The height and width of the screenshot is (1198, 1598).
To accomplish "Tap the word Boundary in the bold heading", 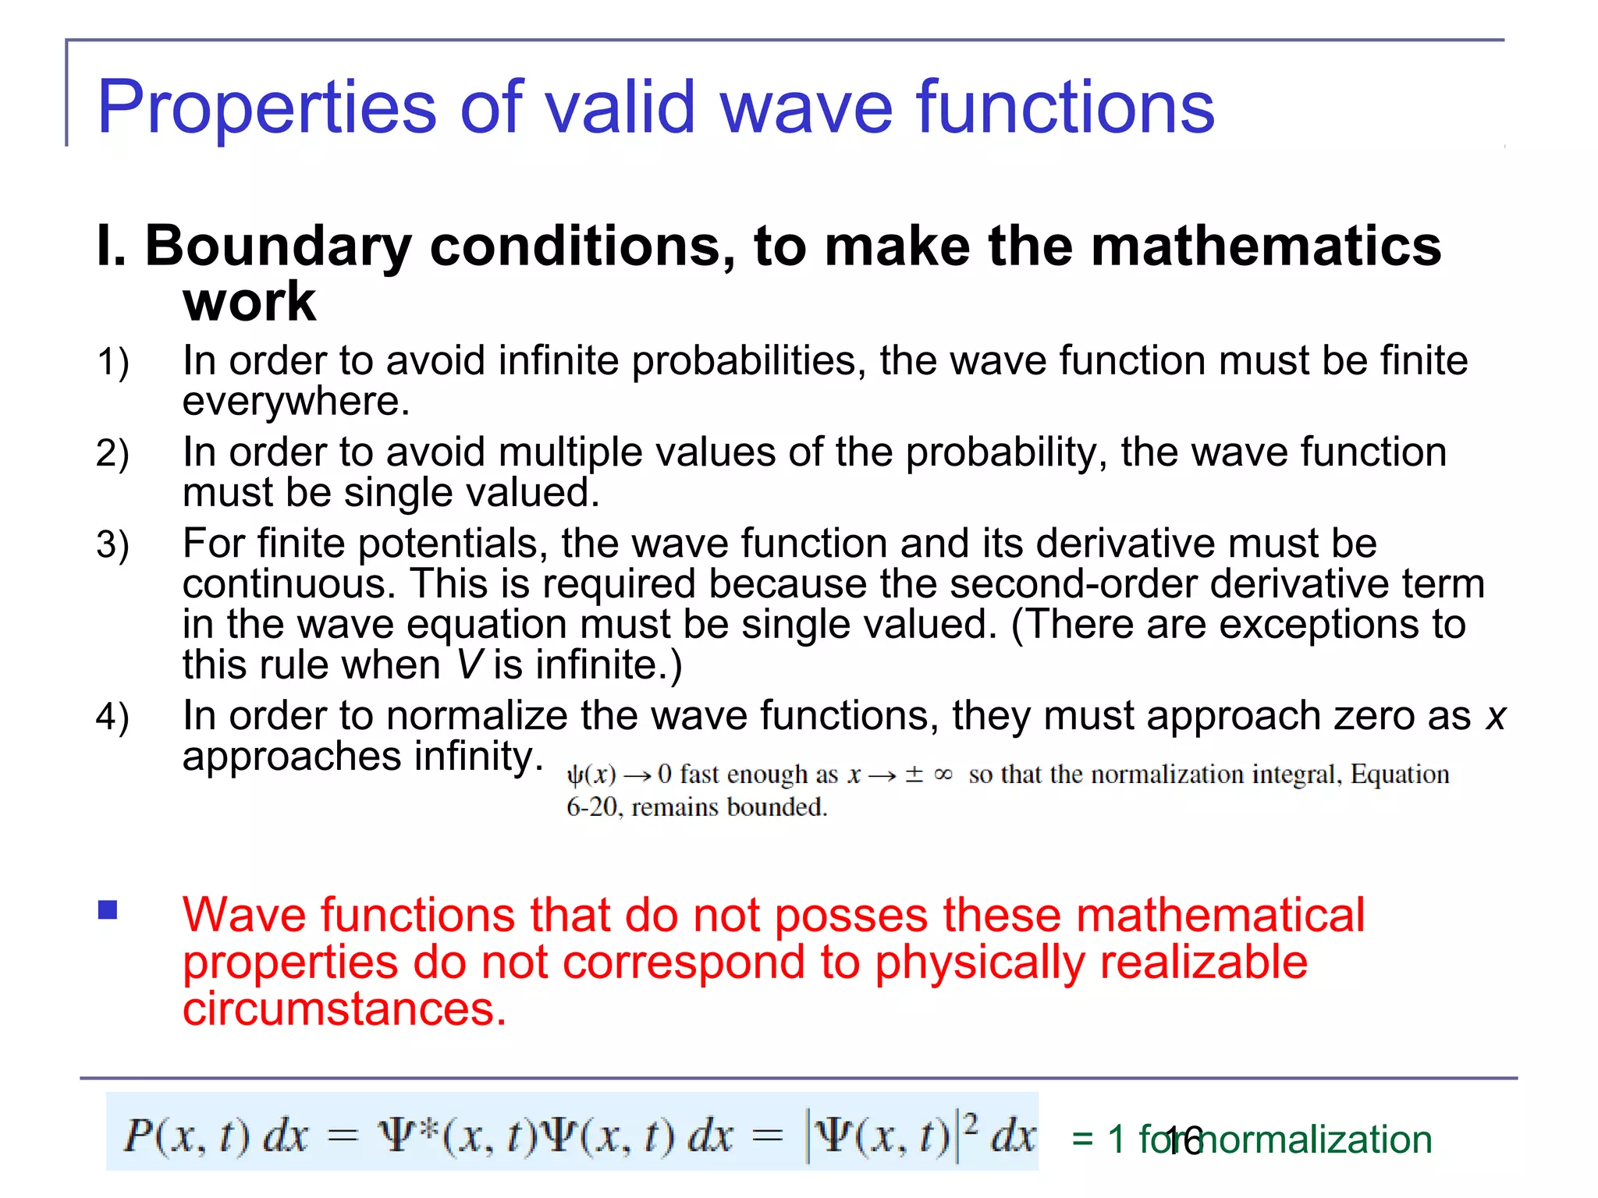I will coord(279,246).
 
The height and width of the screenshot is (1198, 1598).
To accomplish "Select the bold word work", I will coord(250,302).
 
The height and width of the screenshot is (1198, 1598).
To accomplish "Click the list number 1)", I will coord(113,363).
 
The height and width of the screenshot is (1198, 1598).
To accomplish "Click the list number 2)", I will coord(113,454).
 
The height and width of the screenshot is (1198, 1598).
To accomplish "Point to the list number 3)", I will coord(113,545).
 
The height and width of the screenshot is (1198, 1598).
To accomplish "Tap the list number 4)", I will coord(113,718).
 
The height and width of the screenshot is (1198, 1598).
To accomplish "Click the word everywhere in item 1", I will coord(296,402).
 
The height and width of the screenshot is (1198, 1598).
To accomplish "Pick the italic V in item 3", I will coord(471,665).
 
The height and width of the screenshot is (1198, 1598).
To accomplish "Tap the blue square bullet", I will coord(108,910).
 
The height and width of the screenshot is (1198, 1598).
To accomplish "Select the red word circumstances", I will coord(344,1009).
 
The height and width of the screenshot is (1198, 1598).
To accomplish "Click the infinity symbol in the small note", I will coord(943,774).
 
